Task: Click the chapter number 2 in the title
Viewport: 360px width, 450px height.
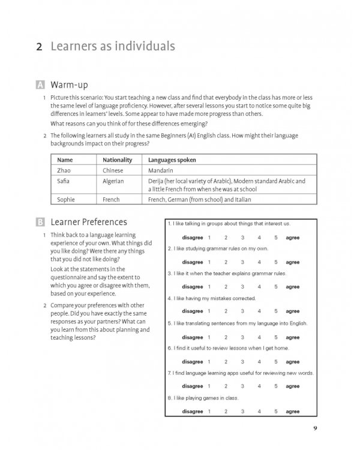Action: [x=40, y=46]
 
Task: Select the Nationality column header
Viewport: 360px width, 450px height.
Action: [x=117, y=161]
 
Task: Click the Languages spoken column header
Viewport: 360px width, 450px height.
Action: [x=172, y=161]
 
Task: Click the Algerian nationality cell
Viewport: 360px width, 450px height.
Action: [x=113, y=181]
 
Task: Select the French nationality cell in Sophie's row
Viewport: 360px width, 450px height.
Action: [x=112, y=199]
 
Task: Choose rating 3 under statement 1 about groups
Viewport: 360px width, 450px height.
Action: [x=242, y=238]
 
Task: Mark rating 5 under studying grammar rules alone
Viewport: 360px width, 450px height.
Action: [x=275, y=262]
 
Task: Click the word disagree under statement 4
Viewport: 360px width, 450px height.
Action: [x=192, y=311]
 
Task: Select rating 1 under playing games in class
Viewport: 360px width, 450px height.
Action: [x=209, y=411]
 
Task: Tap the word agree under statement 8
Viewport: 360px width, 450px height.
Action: [x=293, y=411]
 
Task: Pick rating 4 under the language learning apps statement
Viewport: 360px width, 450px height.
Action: [x=259, y=386]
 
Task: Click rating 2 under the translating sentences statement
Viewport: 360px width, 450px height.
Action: [x=226, y=337]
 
